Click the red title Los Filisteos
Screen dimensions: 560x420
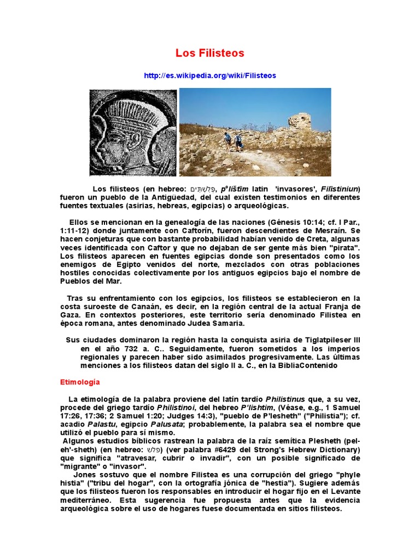(x=209, y=54)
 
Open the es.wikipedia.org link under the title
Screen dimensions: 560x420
(x=210, y=75)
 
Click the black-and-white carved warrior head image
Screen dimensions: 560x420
(x=133, y=132)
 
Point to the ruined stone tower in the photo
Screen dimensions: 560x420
(x=300, y=121)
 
